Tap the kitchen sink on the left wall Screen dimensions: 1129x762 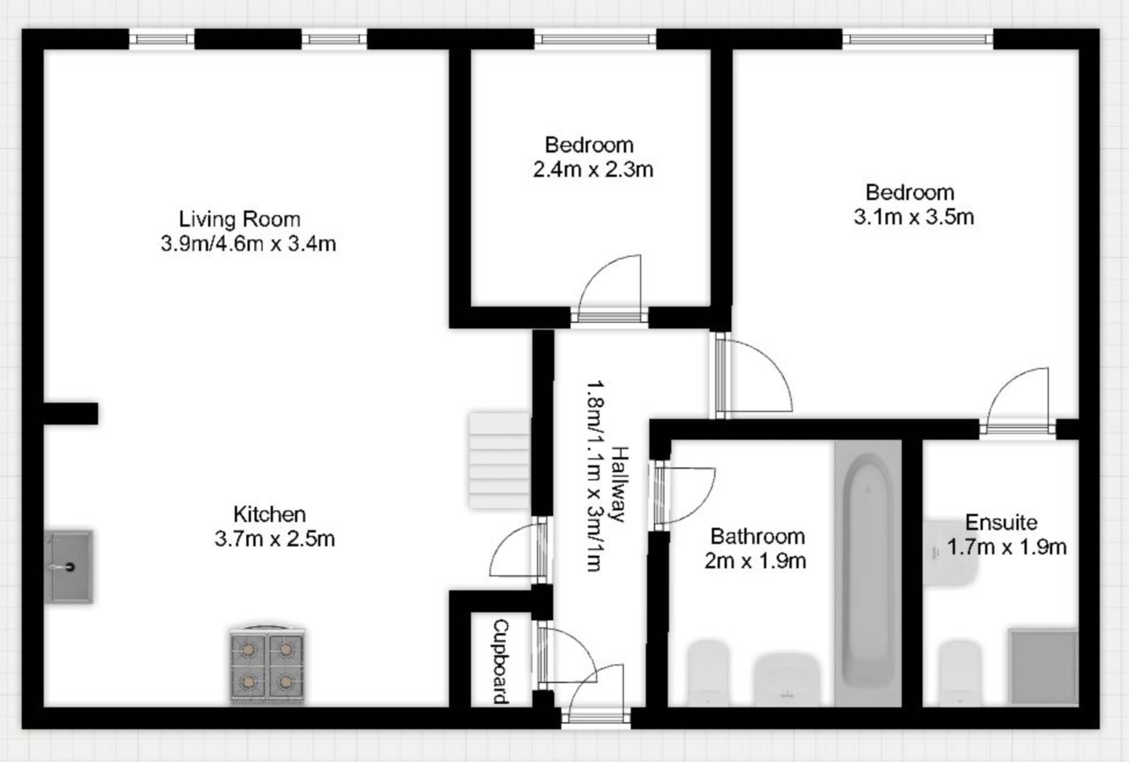pyautogui.click(x=69, y=567)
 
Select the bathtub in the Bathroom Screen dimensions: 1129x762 pyautogui.click(x=868, y=573)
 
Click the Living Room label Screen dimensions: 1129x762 pyautogui.click(x=239, y=219)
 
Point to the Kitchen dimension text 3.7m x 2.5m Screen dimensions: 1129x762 pyautogui.click(x=275, y=539)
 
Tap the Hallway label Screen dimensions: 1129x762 pyautogui.click(x=620, y=484)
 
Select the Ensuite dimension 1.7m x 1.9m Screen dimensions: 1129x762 pyautogui.click(x=1007, y=547)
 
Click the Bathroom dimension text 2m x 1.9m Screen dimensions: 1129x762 pyautogui.click(x=755, y=561)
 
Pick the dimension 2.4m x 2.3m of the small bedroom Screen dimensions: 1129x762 pyautogui.click(x=593, y=169)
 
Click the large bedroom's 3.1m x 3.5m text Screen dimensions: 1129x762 pyautogui.click(x=914, y=217)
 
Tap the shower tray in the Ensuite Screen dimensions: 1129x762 pyautogui.click(x=1044, y=667)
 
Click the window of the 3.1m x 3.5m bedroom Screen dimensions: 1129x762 pyautogui.click(x=918, y=39)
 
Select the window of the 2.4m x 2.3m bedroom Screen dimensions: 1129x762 pyautogui.click(x=595, y=39)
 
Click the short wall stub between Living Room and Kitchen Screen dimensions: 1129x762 pyautogui.click(x=71, y=413)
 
